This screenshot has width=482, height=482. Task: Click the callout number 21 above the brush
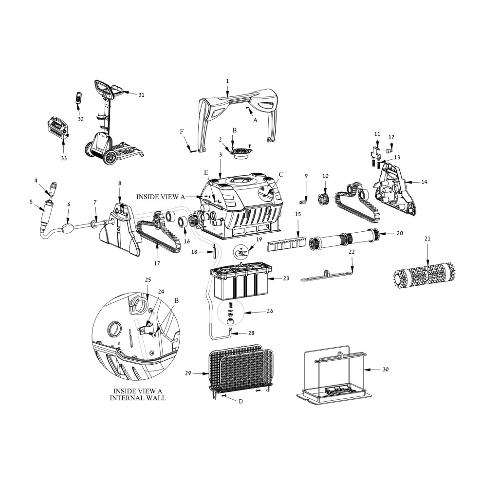[x=427, y=239]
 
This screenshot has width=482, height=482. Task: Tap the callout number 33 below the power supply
[x=63, y=158]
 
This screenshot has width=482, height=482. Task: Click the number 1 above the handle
[x=227, y=81]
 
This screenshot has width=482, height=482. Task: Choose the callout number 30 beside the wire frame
[x=386, y=369]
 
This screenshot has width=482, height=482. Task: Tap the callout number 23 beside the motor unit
[x=286, y=278]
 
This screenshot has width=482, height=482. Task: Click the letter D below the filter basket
[x=241, y=401]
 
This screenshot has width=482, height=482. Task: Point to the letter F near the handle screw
[x=182, y=131]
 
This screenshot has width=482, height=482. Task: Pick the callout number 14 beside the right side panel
[x=424, y=182]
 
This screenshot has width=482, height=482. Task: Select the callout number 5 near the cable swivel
[x=31, y=202]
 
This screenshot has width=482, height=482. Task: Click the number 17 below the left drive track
[x=157, y=263]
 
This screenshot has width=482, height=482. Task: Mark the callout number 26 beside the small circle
[x=270, y=311]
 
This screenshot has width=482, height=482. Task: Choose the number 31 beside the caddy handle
[x=141, y=95]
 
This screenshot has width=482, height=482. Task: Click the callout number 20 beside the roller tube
[x=399, y=233]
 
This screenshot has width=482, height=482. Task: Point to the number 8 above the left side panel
[x=120, y=184]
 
